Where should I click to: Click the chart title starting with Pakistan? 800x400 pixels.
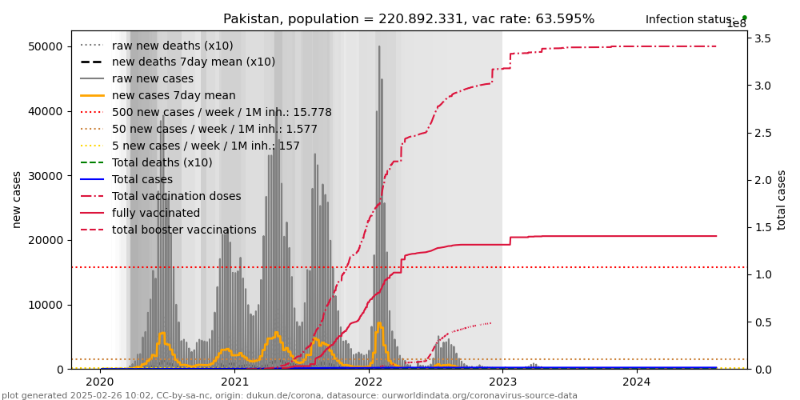[x=409, y=19]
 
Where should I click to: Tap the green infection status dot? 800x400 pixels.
[x=744, y=18]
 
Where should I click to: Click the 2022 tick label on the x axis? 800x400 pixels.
[x=369, y=383]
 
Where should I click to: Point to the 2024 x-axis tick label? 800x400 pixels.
[x=637, y=383]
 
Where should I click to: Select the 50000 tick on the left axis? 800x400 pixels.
[x=46, y=46]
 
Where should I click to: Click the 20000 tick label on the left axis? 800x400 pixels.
[x=46, y=240]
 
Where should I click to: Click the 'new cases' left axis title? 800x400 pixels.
[x=17, y=199]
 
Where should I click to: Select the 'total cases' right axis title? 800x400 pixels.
[x=782, y=199]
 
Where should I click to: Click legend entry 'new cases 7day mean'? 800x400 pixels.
[x=162, y=96]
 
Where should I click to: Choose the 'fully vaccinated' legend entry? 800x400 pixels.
[x=156, y=214]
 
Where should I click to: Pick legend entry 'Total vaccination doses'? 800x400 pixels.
[x=176, y=197]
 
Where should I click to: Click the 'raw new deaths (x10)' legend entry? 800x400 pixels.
[x=173, y=46]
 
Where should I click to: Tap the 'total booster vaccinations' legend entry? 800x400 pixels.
[x=184, y=230]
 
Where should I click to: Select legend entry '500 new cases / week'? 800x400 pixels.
[x=222, y=113]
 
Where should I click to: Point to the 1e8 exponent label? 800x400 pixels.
[x=736, y=24]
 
